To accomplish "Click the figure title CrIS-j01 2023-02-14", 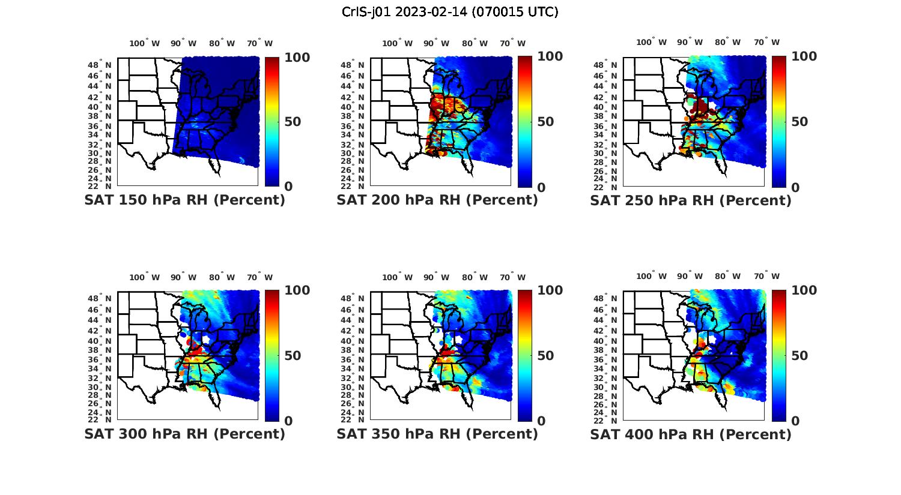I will [450, 12].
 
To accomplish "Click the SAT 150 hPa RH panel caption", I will [184, 200].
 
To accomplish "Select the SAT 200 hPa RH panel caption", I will [437, 200].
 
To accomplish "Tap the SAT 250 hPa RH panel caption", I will [691, 200].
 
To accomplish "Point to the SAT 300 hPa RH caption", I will [184, 433].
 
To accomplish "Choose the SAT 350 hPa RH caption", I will [437, 433].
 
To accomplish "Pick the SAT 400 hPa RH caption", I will [691, 433].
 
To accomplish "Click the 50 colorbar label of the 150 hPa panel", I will [293, 122].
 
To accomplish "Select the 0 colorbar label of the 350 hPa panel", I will [541, 421].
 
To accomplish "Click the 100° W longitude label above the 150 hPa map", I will [145, 43].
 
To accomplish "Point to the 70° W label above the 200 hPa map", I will [512, 43].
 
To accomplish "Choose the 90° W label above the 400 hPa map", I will [690, 276].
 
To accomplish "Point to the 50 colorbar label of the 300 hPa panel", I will [293, 356].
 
